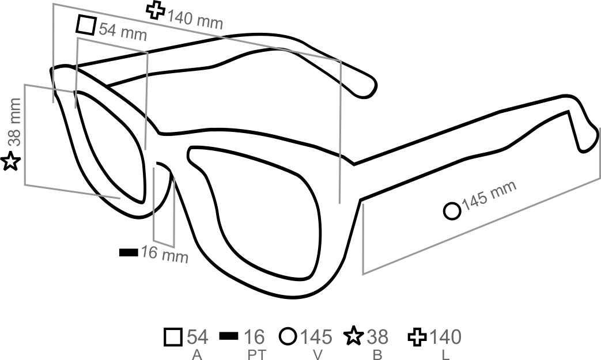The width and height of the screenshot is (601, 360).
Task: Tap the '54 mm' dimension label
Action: tap(123, 31)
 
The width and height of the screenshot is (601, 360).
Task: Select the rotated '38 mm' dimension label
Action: tap(15, 122)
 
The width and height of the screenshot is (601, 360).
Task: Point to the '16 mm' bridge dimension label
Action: tap(164, 254)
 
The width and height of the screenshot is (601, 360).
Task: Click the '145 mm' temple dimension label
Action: tap(489, 196)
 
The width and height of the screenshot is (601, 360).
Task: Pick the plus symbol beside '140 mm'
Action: tap(156, 10)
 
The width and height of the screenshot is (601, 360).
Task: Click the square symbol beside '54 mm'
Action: tap(86, 25)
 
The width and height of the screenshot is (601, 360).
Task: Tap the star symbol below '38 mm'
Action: tap(10, 161)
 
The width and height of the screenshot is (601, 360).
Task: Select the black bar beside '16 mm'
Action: tap(129, 252)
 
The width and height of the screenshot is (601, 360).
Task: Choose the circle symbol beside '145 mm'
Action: tap(452, 211)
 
